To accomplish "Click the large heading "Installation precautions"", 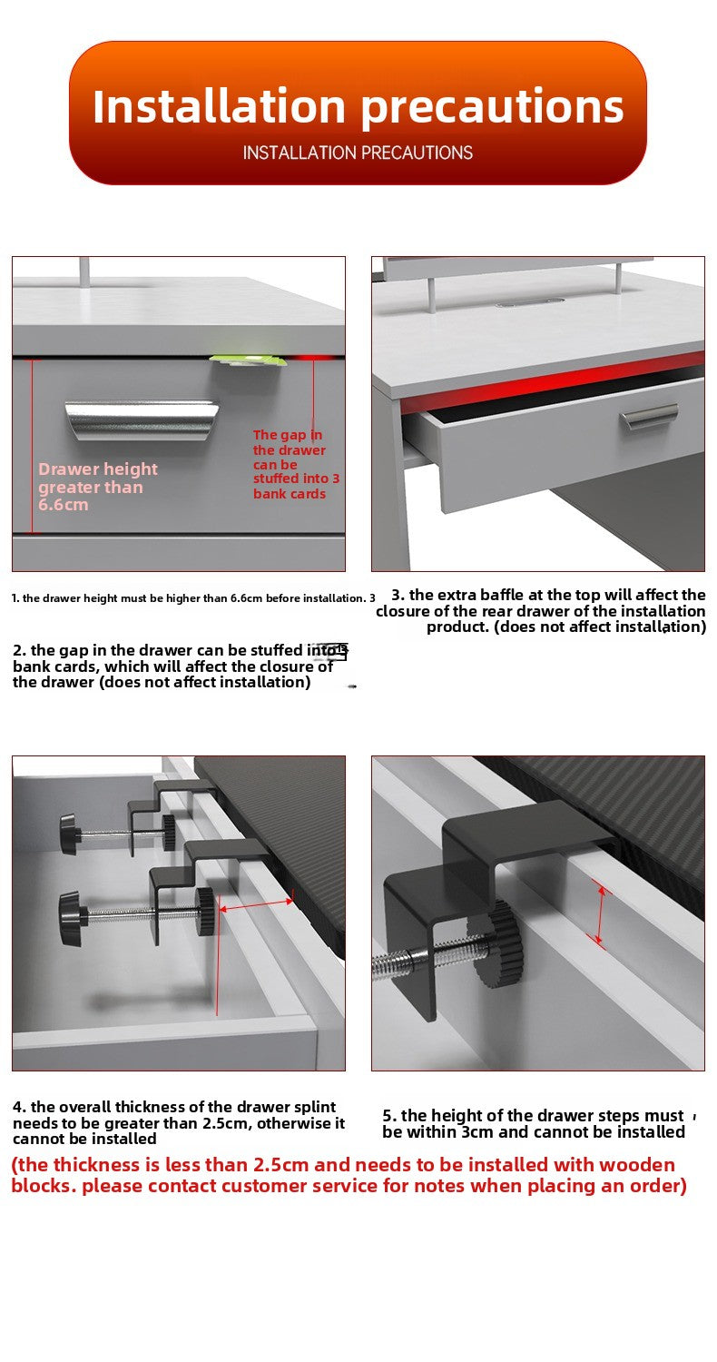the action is pyautogui.click(x=358, y=107).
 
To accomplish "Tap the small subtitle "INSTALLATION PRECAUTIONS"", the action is pyautogui.click(x=358, y=153).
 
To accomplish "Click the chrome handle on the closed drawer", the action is pyautogui.click(x=142, y=419).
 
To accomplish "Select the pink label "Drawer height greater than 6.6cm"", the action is pyautogui.click(x=98, y=487).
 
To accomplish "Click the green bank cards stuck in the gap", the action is pyautogui.click(x=248, y=360).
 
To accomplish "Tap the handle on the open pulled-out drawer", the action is pyautogui.click(x=649, y=417).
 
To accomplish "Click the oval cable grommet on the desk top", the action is pyautogui.click(x=530, y=302).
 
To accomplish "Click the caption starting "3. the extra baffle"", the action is pyautogui.click(x=541, y=610).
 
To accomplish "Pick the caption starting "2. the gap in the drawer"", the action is pyautogui.click(x=180, y=666).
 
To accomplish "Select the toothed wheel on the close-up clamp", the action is pyautogui.click(x=497, y=944).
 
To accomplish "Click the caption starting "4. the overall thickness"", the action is pyautogui.click(x=179, y=1122).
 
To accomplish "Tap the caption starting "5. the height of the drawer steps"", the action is pyautogui.click(x=534, y=1124).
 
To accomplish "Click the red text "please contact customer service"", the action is pyautogui.click(x=226, y=1186).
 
